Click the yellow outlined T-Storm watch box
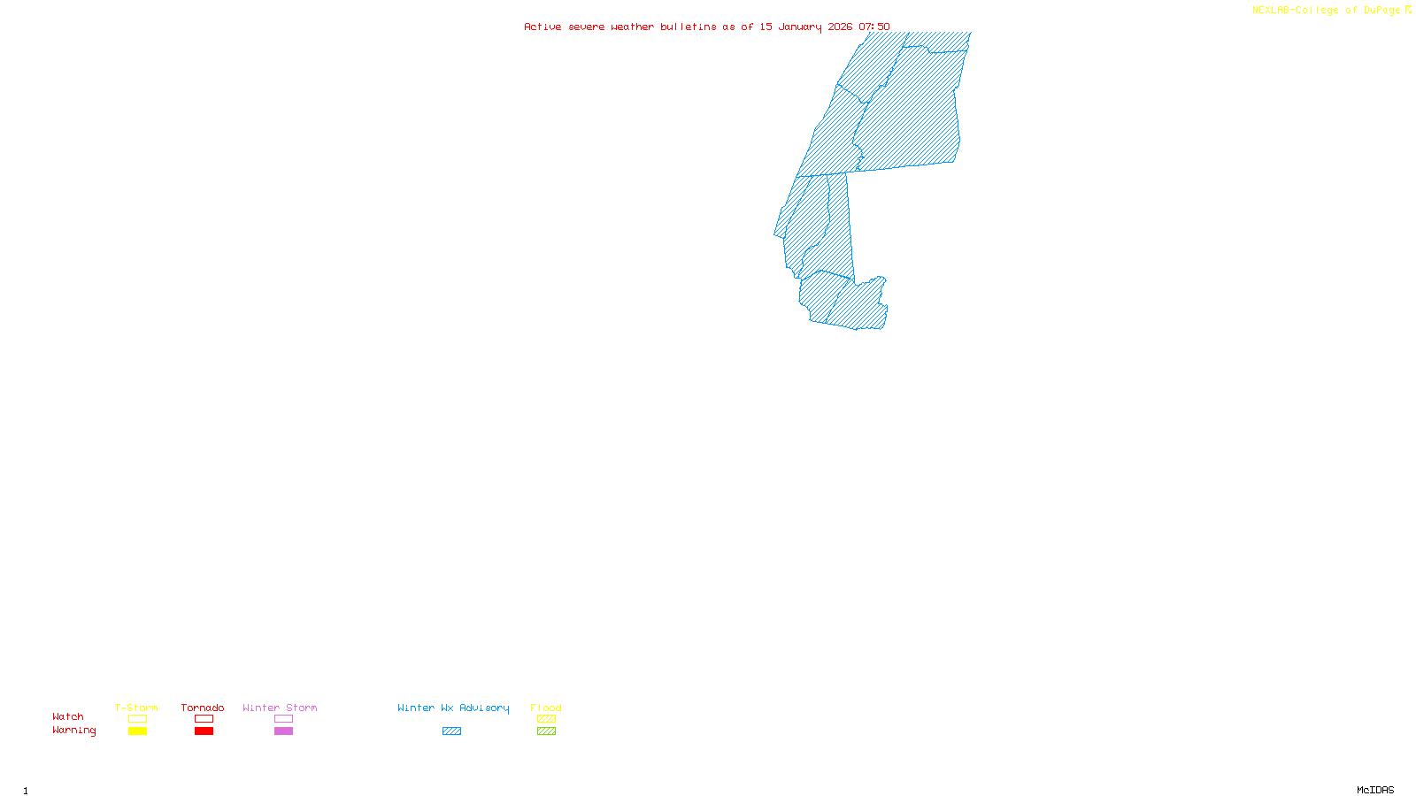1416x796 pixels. click(x=137, y=719)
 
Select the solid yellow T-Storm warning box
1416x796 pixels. click(x=137, y=731)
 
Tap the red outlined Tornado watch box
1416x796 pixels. click(x=204, y=719)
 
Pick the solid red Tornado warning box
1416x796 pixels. click(x=204, y=731)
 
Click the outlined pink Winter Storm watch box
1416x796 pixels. click(x=283, y=719)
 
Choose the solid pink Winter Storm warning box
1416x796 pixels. click(x=283, y=731)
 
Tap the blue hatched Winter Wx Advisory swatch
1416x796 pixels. click(x=451, y=731)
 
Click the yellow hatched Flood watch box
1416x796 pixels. click(x=546, y=719)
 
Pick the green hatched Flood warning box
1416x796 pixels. click(x=546, y=731)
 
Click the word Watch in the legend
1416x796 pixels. click(x=68, y=717)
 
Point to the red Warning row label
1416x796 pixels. click(x=73, y=731)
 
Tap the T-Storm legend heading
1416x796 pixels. click(x=136, y=708)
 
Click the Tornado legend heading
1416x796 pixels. click(x=203, y=708)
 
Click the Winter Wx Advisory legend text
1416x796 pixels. click(x=453, y=708)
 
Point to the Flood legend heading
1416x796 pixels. click(x=546, y=708)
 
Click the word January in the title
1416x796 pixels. click(x=800, y=27)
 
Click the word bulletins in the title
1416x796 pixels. click(x=689, y=27)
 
